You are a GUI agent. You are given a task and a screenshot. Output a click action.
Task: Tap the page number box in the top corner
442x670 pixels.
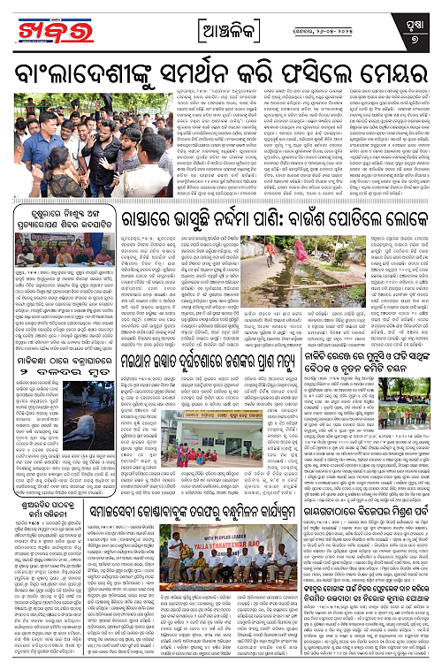click(415, 27)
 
